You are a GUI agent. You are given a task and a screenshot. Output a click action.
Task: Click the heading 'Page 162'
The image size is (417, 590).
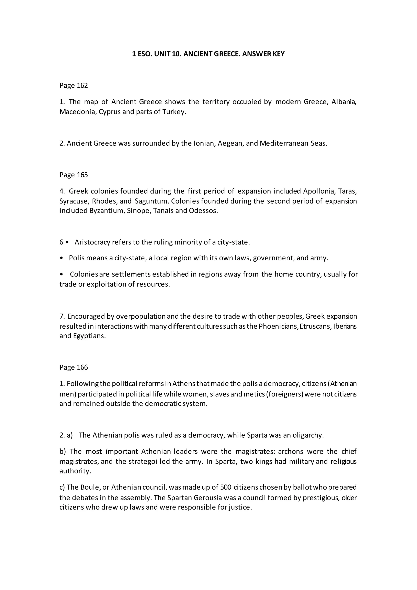pos(74,86)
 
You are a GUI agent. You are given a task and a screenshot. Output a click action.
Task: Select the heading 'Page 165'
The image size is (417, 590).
pos(74,175)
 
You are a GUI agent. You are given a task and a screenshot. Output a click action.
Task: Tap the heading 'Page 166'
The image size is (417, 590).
pos(74,367)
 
